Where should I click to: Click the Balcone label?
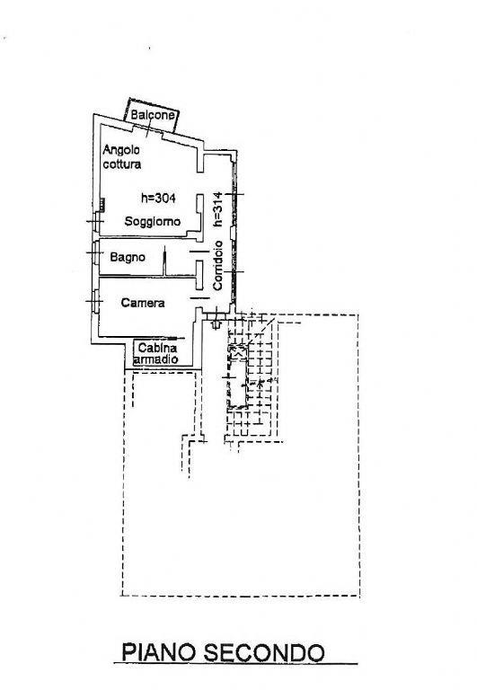tap(152, 115)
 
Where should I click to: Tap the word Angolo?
tap(121, 151)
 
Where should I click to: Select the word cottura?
tap(122, 164)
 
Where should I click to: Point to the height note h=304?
tap(158, 198)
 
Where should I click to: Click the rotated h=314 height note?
tap(217, 209)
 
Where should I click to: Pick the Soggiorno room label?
tap(152, 221)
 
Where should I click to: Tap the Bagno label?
tap(128, 257)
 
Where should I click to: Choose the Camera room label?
tap(143, 303)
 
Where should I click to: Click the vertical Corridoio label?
tap(217, 265)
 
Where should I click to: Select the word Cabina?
tap(157, 348)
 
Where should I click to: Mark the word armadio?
tap(155, 359)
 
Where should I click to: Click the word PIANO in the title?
tap(159, 652)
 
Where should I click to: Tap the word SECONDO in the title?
tap(263, 652)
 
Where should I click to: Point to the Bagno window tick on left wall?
tap(94, 252)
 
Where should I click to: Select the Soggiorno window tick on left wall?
tap(95, 221)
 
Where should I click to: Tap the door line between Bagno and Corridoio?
tap(199, 252)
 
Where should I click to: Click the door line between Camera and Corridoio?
tap(199, 299)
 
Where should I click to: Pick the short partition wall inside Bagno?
tap(165, 261)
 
